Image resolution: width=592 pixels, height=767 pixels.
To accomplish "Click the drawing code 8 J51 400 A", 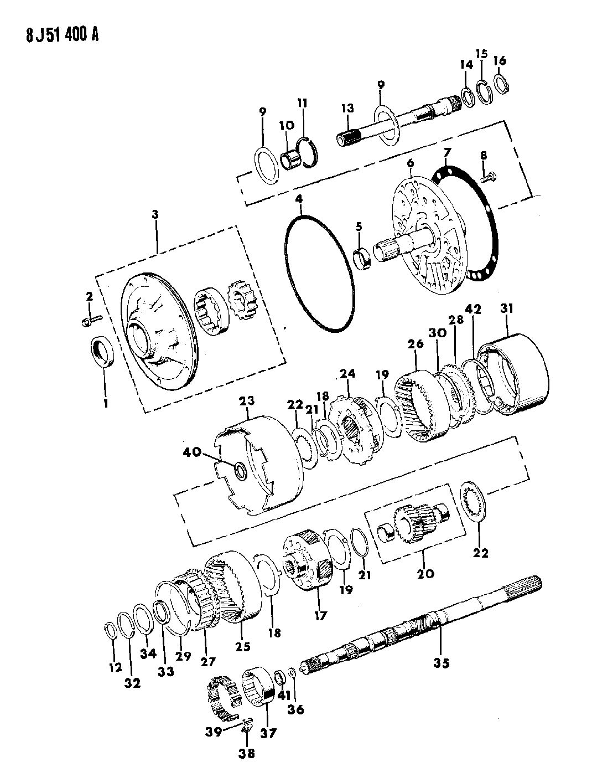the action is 62,35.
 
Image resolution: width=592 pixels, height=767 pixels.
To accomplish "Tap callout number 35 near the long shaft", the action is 441,663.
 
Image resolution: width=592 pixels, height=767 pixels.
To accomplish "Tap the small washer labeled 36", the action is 292,682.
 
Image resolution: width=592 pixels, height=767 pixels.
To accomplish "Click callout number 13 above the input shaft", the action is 347,109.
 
